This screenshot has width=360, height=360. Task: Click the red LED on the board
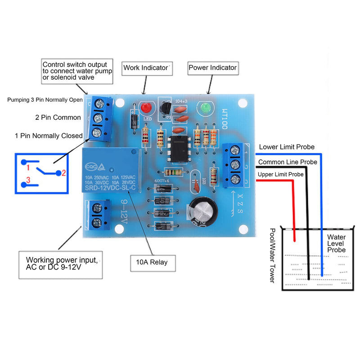point(145,108)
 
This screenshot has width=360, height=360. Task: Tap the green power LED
point(205,108)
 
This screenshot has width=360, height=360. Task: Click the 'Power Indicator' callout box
point(212,68)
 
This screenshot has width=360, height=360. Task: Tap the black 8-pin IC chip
point(178,149)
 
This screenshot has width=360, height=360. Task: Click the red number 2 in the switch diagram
point(64,172)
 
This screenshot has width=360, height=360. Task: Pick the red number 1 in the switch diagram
point(27,168)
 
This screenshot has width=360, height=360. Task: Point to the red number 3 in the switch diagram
point(27,180)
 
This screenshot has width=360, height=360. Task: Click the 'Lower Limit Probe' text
point(287,147)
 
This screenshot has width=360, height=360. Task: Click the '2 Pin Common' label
point(58,117)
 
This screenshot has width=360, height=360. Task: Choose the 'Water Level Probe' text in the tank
point(336,243)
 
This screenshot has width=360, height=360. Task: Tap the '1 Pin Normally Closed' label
point(49,135)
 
